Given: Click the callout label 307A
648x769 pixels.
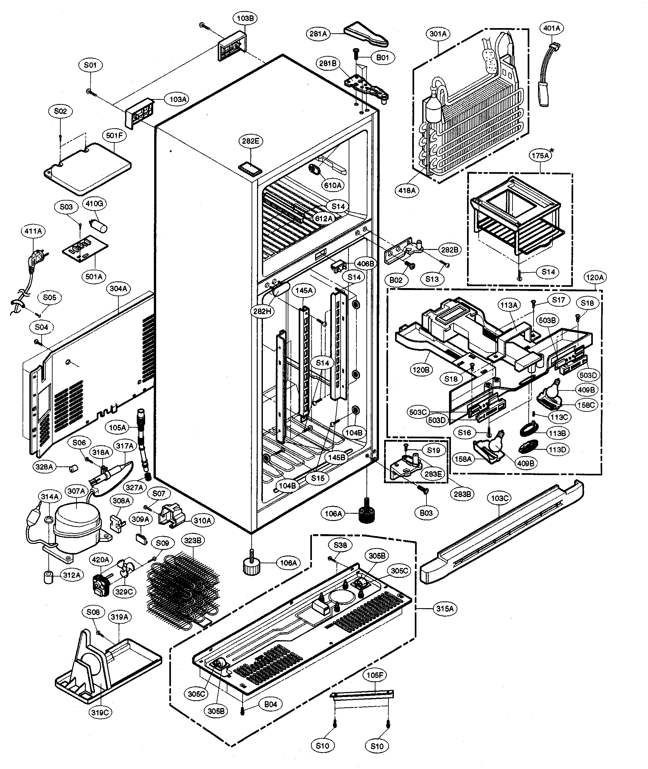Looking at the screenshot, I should pos(76,491).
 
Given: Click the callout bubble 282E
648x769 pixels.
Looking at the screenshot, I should pos(251,141).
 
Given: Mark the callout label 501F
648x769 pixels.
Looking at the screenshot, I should pos(114,135).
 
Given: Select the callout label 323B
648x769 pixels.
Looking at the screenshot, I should pos(192,541).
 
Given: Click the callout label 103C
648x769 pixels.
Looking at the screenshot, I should pos(499,498).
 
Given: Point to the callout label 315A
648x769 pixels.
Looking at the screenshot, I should pos(445,609).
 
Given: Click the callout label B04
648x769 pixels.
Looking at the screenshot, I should pos(270,704).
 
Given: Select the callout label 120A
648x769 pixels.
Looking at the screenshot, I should pos(594,277).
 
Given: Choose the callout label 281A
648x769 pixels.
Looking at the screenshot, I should pos(318,34).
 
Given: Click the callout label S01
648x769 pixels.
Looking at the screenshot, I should pos(90,65).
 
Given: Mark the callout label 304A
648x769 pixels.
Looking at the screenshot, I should pos(118,289).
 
